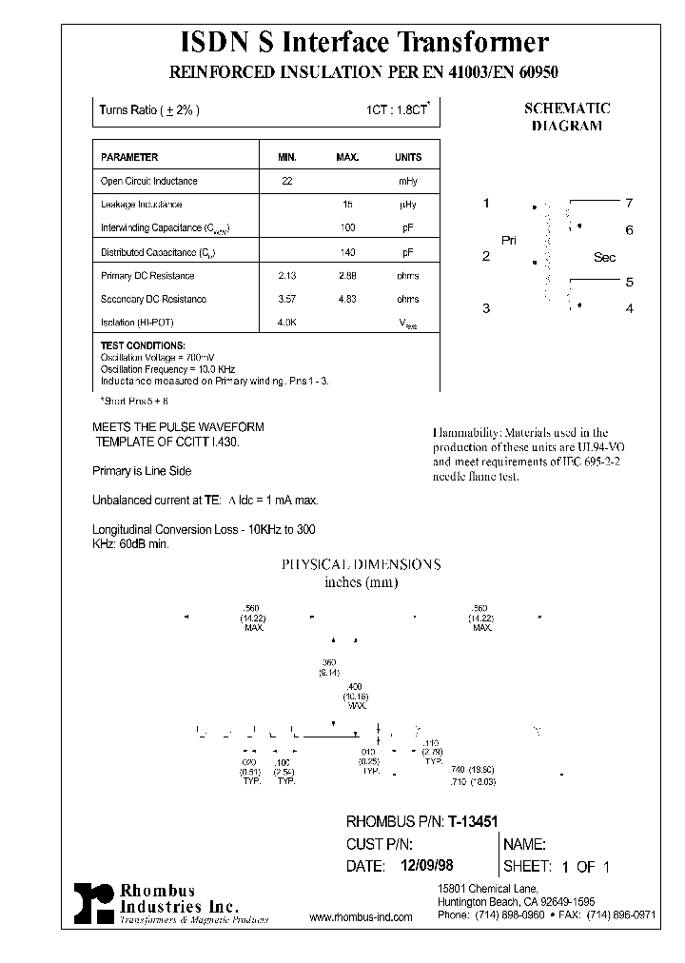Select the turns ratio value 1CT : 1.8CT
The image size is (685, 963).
click(399, 110)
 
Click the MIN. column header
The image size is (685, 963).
click(287, 157)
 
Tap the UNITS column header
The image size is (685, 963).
click(408, 157)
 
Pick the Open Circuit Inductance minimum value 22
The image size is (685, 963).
click(287, 181)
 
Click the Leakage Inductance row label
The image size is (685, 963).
click(141, 205)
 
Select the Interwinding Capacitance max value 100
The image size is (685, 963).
click(347, 228)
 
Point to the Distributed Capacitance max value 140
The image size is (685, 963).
click(347, 252)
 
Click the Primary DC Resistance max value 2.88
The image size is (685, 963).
click(347, 276)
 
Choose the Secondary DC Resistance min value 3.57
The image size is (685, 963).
click(287, 299)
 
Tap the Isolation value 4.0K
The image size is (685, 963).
click(287, 323)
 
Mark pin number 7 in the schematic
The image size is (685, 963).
click(629, 203)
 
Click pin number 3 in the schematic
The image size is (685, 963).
click(486, 307)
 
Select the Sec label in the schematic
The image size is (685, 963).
click(605, 257)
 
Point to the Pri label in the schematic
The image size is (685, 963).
click(509, 241)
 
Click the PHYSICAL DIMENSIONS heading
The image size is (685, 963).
click(360, 564)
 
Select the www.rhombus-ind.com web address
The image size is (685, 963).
click(361, 917)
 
